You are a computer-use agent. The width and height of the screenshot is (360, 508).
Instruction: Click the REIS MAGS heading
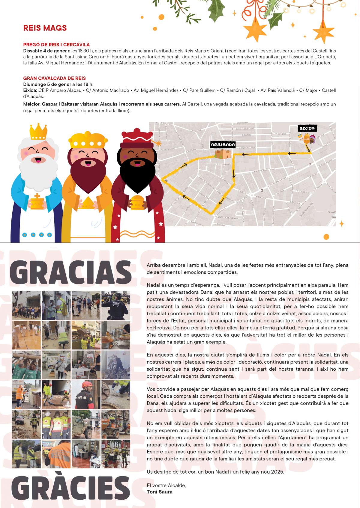click(x=45, y=28)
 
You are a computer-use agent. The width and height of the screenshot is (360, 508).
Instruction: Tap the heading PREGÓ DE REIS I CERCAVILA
click(x=56, y=45)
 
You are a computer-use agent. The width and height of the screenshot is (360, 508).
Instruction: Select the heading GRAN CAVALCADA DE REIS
click(x=54, y=78)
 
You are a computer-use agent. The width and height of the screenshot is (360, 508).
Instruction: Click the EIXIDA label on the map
click(x=307, y=129)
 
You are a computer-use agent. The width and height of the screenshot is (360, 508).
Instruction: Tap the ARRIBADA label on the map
click(x=223, y=145)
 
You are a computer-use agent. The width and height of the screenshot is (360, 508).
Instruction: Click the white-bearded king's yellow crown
click(x=38, y=131)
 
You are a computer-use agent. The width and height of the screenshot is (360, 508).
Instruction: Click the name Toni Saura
click(x=159, y=492)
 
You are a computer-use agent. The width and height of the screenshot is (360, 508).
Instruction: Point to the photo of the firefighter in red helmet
click(x=86, y=394)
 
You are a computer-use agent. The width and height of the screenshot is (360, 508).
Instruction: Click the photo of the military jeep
click(x=86, y=424)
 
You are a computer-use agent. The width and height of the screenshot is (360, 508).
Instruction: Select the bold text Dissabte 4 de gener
click(x=45, y=51)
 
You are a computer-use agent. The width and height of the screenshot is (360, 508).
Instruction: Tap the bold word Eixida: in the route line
click(x=30, y=91)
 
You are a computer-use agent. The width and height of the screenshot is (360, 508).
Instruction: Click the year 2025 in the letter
click(x=277, y=472)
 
